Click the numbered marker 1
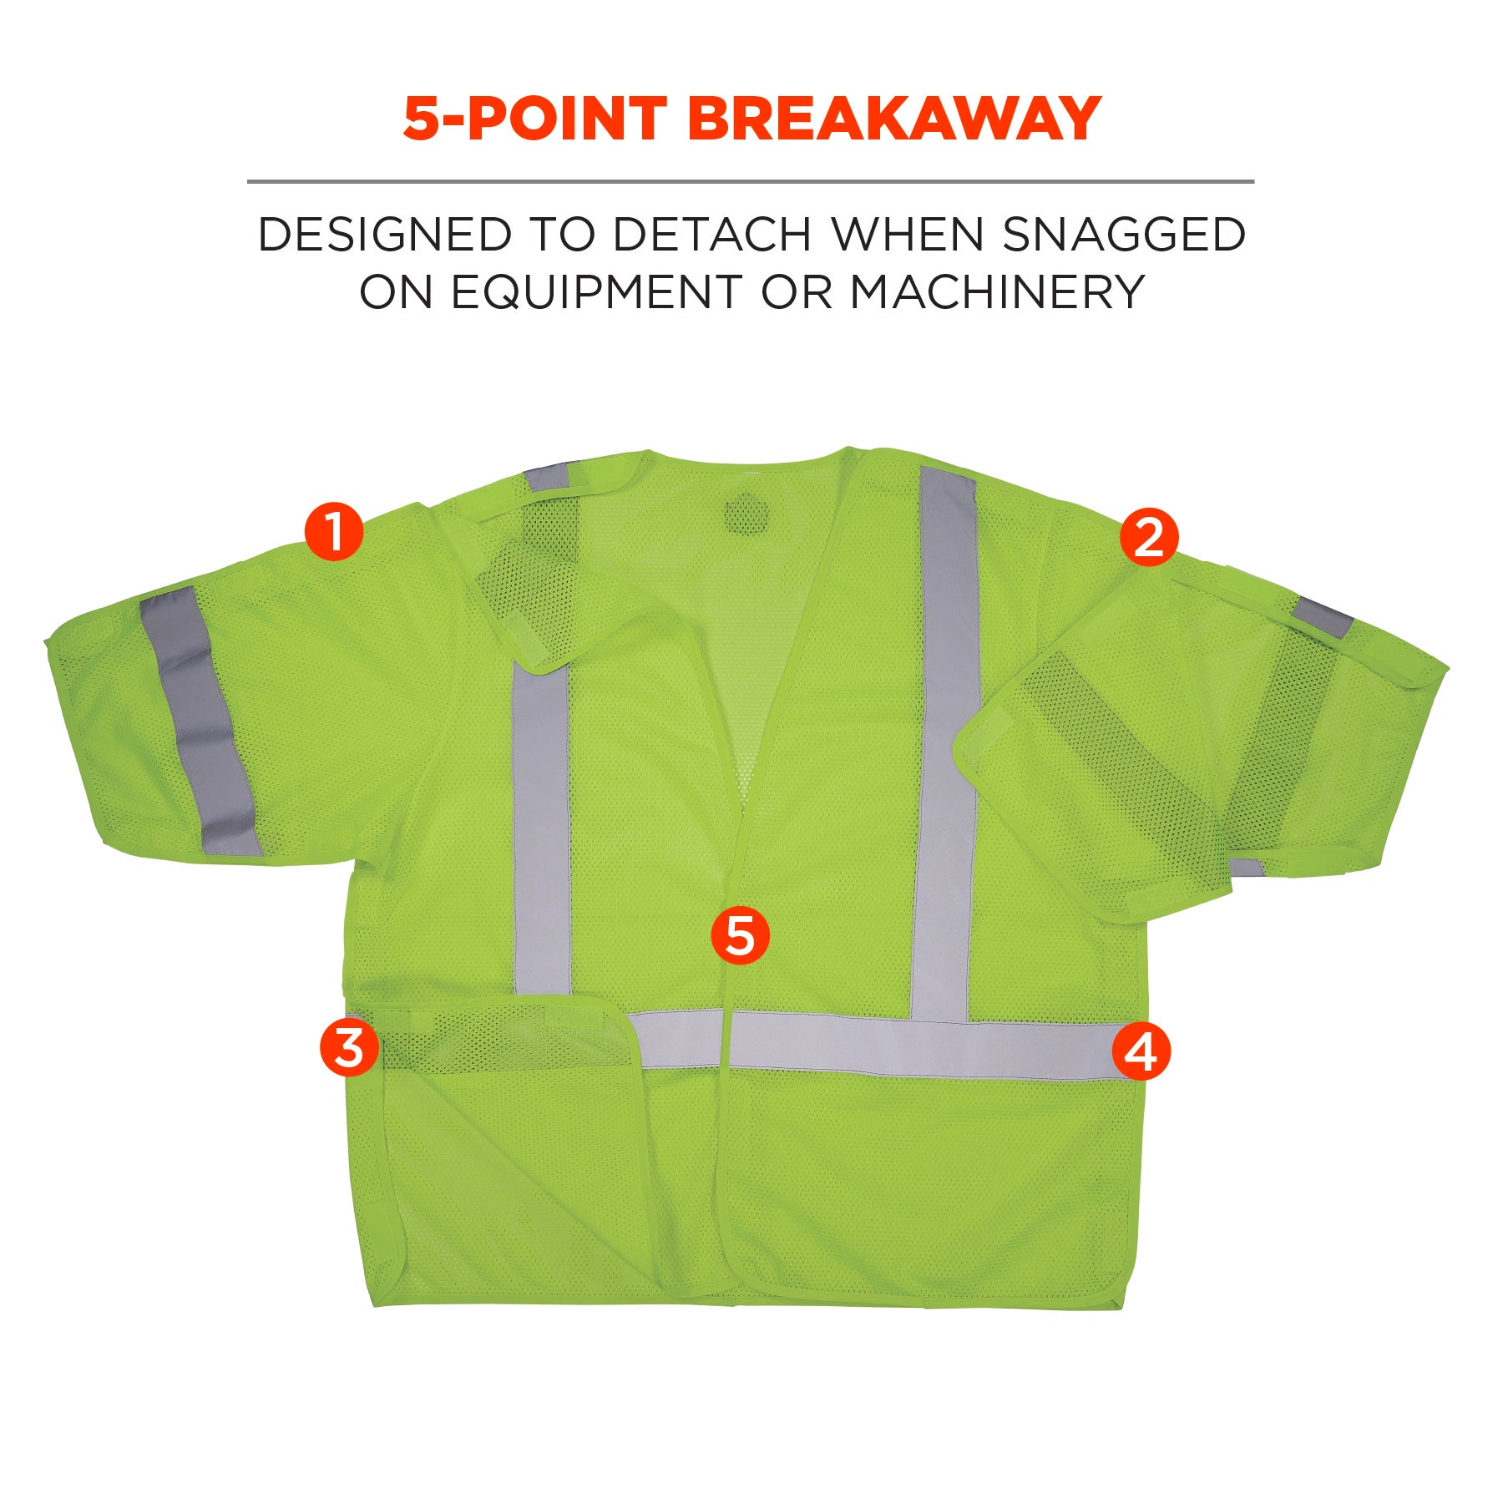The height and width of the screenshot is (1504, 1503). (x=334, y=531)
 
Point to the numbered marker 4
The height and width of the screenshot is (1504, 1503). (x=1141, y=1051)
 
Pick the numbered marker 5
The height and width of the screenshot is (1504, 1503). (x=740, y=935)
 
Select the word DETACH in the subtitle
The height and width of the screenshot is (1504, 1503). (x=711, y=234)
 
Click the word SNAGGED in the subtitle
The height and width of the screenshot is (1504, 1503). (x=1124, y=234)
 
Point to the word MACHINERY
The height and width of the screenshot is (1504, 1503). (x=997, y=292)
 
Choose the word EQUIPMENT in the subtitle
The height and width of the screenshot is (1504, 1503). (x=596, y=292)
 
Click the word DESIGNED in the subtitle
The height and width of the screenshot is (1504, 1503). (x=384, y=234)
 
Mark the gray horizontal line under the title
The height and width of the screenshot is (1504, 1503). (x=751, y=180)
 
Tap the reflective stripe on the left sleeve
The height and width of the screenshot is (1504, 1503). (x=200, y=721)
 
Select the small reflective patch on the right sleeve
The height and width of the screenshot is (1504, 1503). (x=1322, y=616)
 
